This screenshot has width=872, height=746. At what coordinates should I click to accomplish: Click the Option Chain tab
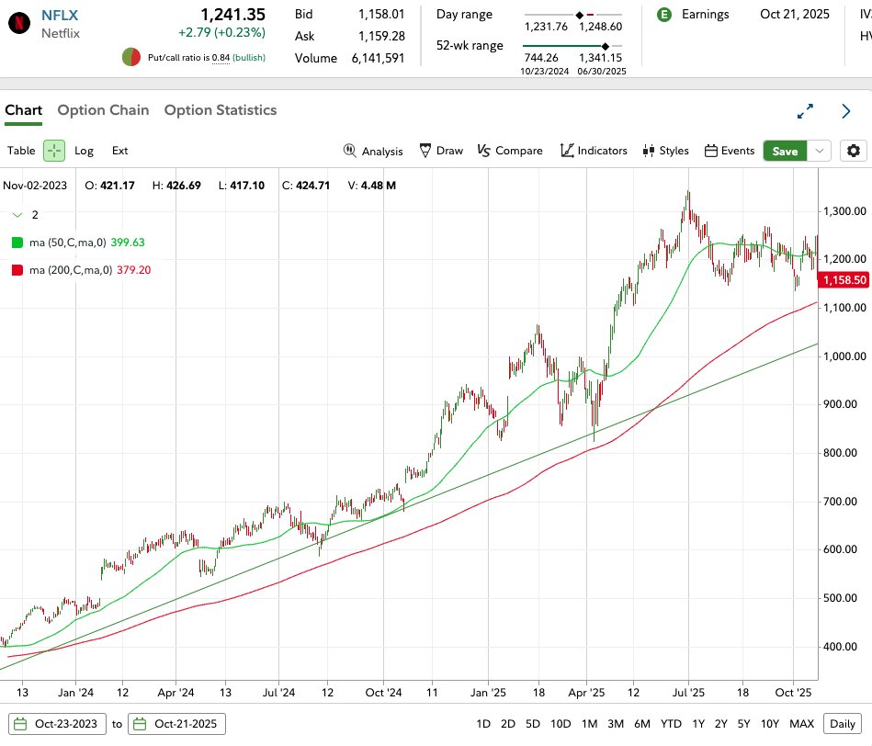[x=103, y=110]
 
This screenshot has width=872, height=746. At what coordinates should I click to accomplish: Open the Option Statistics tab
[x=220, y=110]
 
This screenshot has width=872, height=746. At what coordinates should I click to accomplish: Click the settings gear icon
[x=855, y=151]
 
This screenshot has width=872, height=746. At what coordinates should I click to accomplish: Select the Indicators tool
[x=594, y=151]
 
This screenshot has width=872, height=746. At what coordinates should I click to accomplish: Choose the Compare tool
[x=510, y=151]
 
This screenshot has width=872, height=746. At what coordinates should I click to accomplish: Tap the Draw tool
[x=441, y=151]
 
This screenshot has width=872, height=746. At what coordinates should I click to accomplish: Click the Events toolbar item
[x=730, y=151]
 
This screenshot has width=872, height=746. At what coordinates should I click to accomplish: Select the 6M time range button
[x=641, y=723]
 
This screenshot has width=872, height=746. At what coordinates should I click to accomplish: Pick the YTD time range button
[x=671, y=723]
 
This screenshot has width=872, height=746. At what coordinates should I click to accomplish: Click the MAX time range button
[x=801, y=723]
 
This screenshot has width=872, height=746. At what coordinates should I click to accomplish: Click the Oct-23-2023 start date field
[x=58, y=723]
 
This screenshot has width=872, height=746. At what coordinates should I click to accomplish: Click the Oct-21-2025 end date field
[x=176, y=723]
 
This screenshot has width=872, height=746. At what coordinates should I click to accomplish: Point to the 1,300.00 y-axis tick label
[x=844, y=211]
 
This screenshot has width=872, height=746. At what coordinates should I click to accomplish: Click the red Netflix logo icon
[x=17, y=24]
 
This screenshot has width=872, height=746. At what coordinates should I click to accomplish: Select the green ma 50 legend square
[x=17, y=243]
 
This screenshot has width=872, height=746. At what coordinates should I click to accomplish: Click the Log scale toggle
[x=84, y=151]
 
